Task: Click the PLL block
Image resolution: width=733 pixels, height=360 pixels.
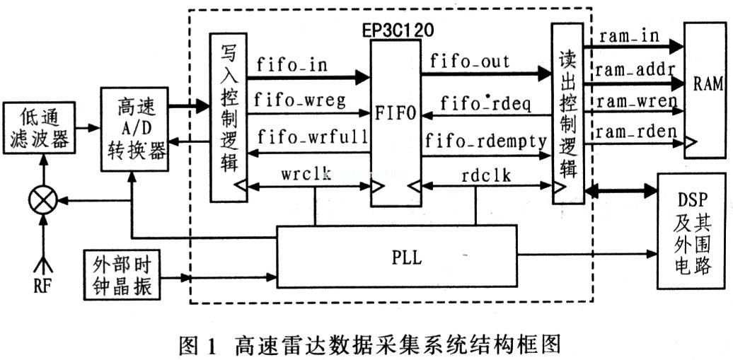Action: pyautogui.click(x=396, y=257)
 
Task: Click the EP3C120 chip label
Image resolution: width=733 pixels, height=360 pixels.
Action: pyautogui.click(x=396, y=31)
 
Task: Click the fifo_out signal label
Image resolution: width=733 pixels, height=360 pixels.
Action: pyautogui.click(x=468, y=62)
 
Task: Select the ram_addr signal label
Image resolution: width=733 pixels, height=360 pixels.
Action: pyautogui.click(x=635, y=69)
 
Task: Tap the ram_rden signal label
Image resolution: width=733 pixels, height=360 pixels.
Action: pyautogui.click(x=635, y=132)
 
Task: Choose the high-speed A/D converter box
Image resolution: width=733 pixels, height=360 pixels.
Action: pyautogui.click(x=134, y=129)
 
